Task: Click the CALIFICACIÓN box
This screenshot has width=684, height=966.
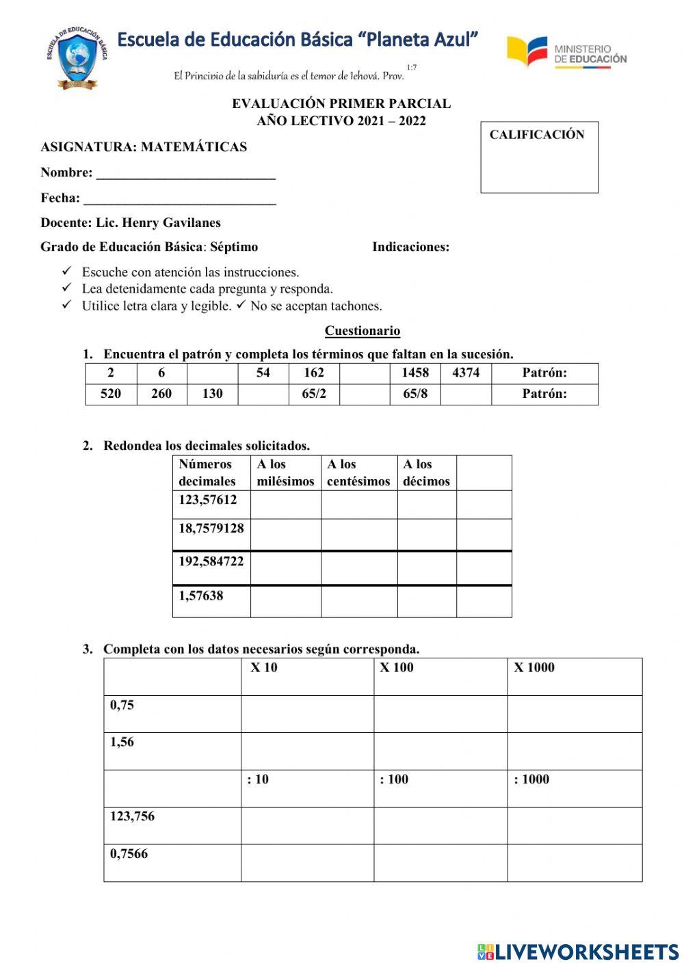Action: (x=539, y=157)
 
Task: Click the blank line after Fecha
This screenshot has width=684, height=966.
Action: (x=179, y=200)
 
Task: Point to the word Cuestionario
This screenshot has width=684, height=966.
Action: (x=362, y=331)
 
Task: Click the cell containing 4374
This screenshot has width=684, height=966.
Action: (x=466, y=373)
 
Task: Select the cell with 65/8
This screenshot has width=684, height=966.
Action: (x=415, y=394)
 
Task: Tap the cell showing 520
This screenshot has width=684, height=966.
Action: (x=111, y=394)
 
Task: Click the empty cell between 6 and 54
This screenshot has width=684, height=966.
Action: (x=212, y=373)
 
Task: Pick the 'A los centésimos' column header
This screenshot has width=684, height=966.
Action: (x=358, y=472)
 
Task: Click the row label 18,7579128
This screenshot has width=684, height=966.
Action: (x=211, y=529)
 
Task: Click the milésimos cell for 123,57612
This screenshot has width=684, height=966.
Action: (x=285, y=504)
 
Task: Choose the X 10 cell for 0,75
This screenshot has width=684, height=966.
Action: (x=306, y=714)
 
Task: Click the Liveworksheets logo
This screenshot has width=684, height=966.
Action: (x=578, y=952)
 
